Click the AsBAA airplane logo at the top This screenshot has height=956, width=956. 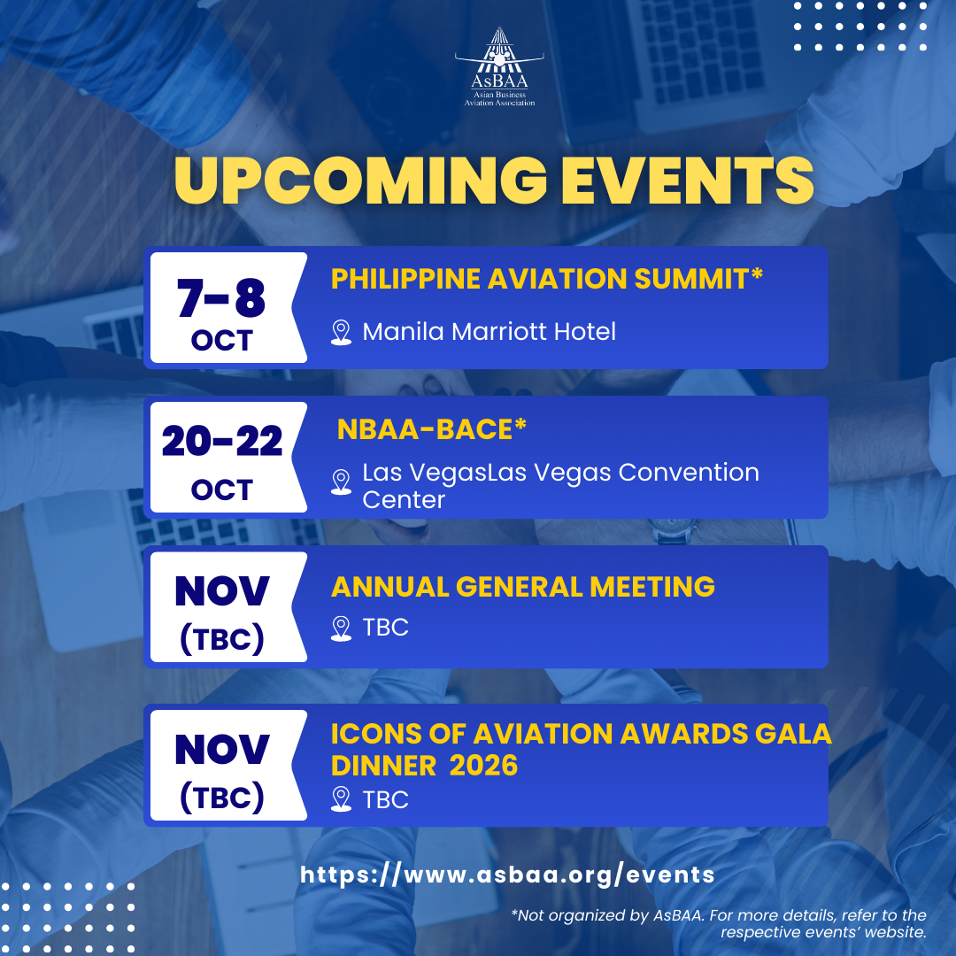(x=499, y=66)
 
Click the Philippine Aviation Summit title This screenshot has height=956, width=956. (x=546, y=279)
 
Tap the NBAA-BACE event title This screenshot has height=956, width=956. (x=432, y=428)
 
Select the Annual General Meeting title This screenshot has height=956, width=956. (x=522, y=587)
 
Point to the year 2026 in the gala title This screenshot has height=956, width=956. (x=483, y=766)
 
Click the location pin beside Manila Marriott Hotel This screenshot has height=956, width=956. (x=341, y=332)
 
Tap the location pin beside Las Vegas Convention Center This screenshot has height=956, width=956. (x=341, y=482)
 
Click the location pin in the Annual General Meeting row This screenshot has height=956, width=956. (x=341, y=628)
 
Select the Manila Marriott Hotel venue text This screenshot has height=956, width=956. (x=489, y=332)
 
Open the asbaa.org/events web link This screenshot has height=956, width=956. (x=507, y=875)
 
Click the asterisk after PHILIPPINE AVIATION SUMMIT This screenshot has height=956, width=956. (x=757, y=274)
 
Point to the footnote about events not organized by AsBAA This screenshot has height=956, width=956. (x=719, y=923)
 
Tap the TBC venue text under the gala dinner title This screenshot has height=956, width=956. (x=385, y=800)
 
